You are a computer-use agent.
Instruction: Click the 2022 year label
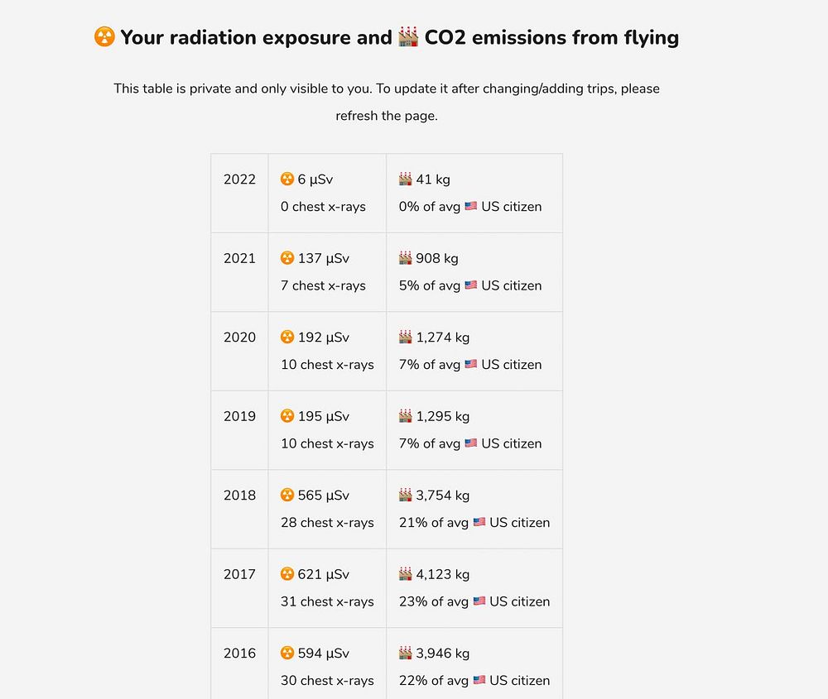239,180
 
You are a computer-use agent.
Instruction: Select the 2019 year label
239,416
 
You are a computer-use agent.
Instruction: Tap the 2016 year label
239,653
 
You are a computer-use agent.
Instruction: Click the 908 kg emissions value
437,258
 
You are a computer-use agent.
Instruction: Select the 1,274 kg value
443,338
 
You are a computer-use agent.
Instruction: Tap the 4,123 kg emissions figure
443,574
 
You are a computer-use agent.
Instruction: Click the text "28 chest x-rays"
327,523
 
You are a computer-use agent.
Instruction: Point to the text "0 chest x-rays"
323,207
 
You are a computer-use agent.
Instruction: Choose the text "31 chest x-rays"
327,601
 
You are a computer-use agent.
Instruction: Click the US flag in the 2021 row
471,285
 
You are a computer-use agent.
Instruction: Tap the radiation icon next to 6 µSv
287,180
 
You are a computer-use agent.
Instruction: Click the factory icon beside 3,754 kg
406,496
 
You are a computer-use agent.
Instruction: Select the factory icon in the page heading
408,37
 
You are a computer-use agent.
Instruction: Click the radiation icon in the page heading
104,37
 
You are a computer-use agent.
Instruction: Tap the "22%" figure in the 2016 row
412,680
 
